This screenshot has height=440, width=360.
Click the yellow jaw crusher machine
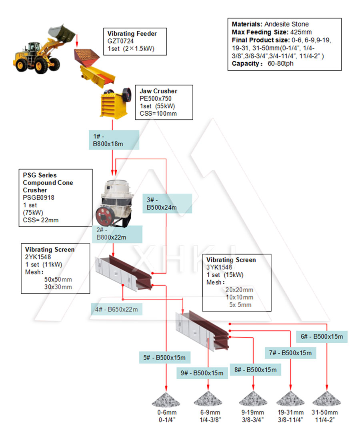[x=116, y=102]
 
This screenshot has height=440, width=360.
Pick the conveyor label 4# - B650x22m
[x=116, y=309]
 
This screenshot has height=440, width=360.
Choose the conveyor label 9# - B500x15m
[x=202, y=373]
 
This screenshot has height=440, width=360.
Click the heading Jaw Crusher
[x=158, y=92]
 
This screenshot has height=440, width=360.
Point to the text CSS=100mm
[x=158, y=113]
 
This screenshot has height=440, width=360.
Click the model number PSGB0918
[x=39, y=197]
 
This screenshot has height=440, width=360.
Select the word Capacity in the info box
[x=246, y=64]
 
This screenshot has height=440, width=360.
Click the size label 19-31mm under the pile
[x=290, y=413]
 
